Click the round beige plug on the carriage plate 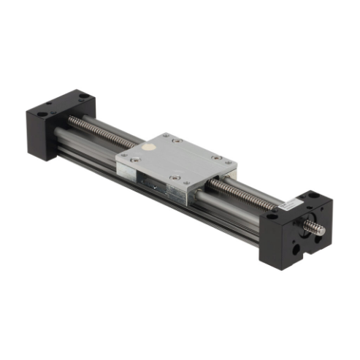tap(148, 147)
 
